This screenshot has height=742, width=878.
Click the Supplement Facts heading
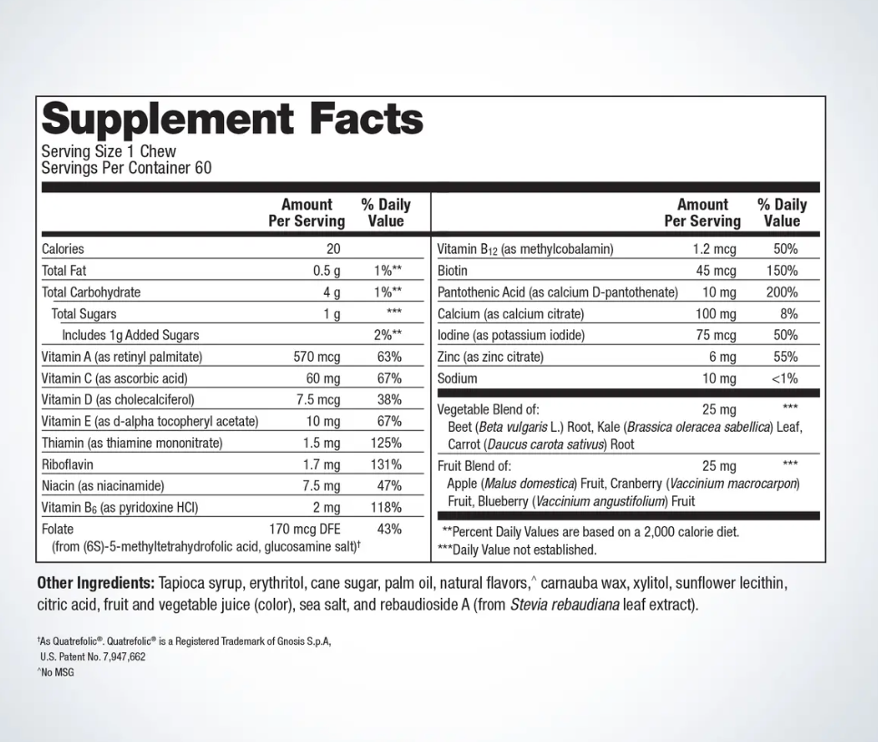pyautogui.click(x=232, y=119)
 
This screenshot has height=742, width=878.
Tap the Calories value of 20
pyautogui.click(x=332, y=249)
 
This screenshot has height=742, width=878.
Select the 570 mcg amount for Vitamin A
pyautogui.click(x=317, y=356)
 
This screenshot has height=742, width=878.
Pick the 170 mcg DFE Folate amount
pyautogui.click(x=305, y=529)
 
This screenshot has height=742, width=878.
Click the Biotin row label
pyautogui.click(x=453, y=270)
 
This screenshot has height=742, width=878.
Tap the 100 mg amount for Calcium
pyautogui.click(x=716, y=314)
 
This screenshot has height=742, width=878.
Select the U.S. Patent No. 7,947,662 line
pyautogui.click(x=93, y=657)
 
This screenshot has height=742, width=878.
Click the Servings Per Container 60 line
pyautogui.click(x=127, y=168)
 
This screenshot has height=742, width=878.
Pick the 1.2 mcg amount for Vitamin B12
pyautogui.click(x=715, y=249)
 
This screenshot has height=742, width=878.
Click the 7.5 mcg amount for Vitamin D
pyautogui.click(x=317, y=400)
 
